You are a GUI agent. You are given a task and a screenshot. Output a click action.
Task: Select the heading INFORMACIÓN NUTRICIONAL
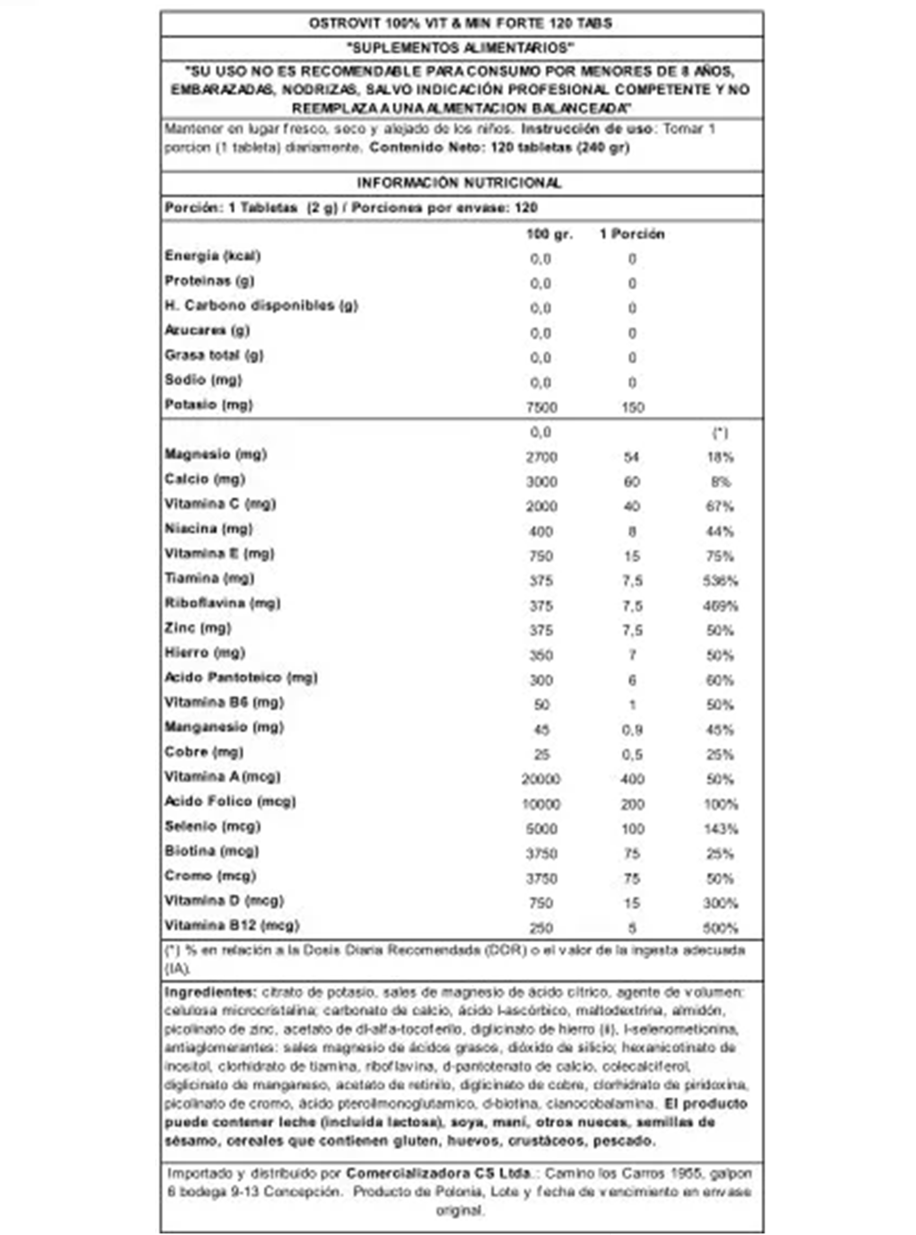coord(458,183)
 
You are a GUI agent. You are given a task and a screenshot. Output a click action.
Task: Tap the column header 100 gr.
coord(549,234)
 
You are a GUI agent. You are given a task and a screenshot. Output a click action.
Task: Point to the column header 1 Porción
coord(632,234)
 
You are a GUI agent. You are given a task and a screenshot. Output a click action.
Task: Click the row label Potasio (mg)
coord(208,405)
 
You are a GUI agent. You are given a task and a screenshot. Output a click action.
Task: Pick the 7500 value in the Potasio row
coord(541,408)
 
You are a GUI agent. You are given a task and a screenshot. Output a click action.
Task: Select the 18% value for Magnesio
coord(720,457)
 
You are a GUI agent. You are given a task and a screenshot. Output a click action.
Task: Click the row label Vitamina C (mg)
coord(220,504)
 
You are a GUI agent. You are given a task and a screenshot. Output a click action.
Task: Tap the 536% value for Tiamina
coord(720,581)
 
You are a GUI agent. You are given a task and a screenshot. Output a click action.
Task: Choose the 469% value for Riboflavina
coord(720,606)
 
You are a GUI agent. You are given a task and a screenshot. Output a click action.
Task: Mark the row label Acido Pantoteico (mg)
coord(241,677)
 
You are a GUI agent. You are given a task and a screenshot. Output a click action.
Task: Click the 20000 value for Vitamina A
coord(541,780)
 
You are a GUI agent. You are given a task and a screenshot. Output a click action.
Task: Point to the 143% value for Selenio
coord(720,829)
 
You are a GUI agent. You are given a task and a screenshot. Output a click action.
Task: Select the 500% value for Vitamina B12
coord(720,928)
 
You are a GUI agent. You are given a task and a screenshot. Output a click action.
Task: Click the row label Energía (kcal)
coord(212,256)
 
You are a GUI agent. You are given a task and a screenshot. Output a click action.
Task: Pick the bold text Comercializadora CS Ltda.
coord(438,1173)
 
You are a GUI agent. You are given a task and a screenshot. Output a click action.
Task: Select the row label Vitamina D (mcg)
coord(224,901)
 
